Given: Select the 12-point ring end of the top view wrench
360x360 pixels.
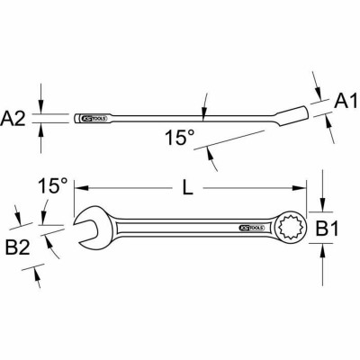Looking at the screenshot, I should point(294,229).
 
